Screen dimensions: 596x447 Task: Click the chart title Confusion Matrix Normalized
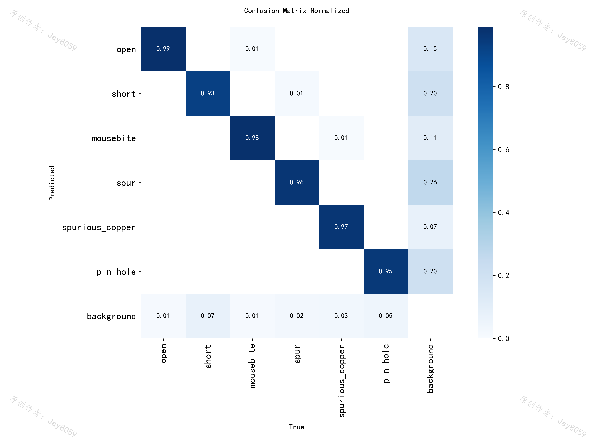(x=297, y=11)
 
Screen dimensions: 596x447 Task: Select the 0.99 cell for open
(x=163, y=49)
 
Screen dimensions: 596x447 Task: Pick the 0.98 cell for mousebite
(x=252, y=138)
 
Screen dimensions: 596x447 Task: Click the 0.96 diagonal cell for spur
(x=297, y=182)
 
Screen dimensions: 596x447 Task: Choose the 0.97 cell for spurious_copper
(x=341, y=227)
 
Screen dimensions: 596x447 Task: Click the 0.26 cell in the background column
(x=430, y=182)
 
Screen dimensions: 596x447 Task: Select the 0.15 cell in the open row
(x=430, y=49)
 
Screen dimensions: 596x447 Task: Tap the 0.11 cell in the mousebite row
(x=430, y=138)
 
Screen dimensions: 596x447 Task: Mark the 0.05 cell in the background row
(x=386, y=316)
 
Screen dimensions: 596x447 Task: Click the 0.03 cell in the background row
(x=341, y=316)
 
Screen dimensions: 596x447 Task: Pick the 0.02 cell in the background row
(x=297, y=316)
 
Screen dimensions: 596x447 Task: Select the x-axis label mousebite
(x=252, y=366)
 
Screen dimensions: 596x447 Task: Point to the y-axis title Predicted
(x=52, y=183)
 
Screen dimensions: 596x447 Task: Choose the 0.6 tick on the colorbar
(x=503, y=150)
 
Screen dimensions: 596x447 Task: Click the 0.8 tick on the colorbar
(x=503, y=87)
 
